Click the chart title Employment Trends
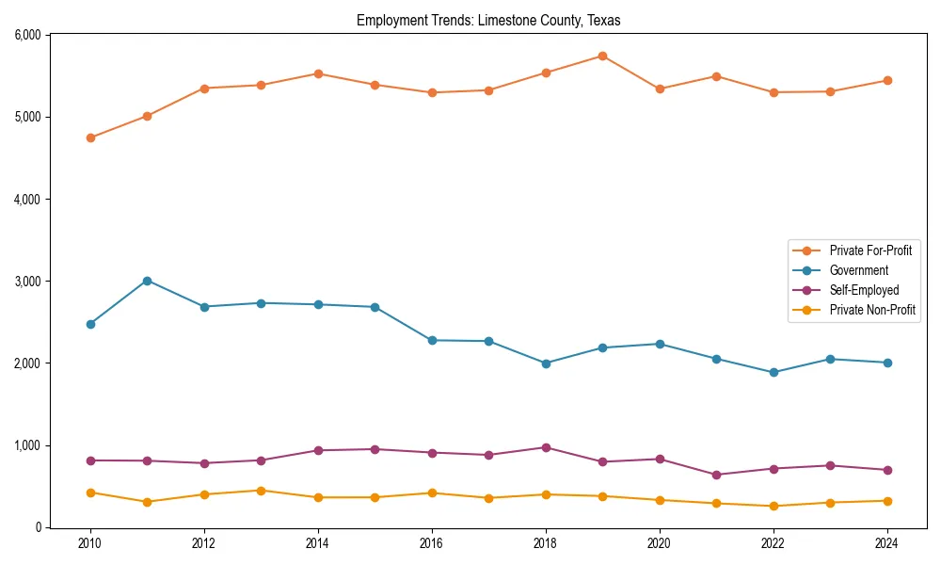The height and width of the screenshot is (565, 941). pyautogui.click(x=488, y=20)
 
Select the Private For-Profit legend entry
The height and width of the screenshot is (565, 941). pyautogui.click(x=870, y=250)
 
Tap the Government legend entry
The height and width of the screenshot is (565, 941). pyautogui.click(x=858, y=270)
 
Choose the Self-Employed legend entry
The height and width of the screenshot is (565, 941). pyautogui.click(x=864, y=290)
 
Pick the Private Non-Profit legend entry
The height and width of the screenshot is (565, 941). pyautogui.click(x=872, y=310)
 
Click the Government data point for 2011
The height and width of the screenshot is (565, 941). pyautogui.click(x=147, y=281)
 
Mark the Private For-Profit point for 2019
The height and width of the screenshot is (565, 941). pyautogui.click(x=602, y=56)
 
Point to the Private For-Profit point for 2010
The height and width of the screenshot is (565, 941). pyautogui.click(x=90, y=137)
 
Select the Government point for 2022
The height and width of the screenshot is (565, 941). pyautogui.click(x=774, y=372)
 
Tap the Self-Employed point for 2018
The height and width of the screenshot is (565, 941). pyautogui.click(x=546, y=447)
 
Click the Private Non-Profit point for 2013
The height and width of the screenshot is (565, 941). pyautogui.click(x=261, y=491)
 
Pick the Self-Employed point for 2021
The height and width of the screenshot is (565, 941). pyautogui.click(x=716, y=475)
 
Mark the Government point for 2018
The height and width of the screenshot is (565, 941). pyautogui.click(x=546, y=363)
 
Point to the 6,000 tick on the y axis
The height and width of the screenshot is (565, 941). pyautogui.click(x=27, y=35)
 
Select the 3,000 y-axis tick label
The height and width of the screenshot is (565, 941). pyautogui.click(x=27, y=282)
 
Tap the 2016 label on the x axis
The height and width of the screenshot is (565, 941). pyautogui.click(x=432, y=543)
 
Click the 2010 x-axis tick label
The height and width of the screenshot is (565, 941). pyautogui.click(x=90, y=543)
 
